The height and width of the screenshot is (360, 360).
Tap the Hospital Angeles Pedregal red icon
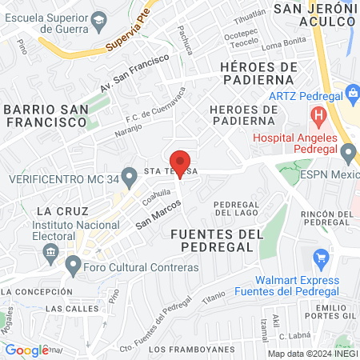[319, 115]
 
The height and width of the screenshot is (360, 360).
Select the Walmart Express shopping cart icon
[322, 258]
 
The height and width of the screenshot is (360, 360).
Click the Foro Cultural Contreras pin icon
[74, 263]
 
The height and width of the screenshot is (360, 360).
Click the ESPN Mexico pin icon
[348, 151]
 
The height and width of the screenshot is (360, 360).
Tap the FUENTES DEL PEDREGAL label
[217, 240]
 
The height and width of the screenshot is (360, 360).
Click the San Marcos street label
[157, 213]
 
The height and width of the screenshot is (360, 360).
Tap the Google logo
[26, 350]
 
